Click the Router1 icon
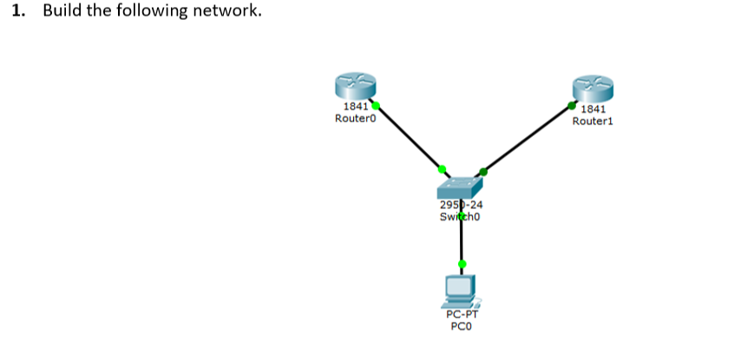pyautogui.click(x=593, y=88)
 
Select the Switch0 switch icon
pyautogui.click(x=460, y=187)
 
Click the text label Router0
pyautogui.click(x=355, y=119)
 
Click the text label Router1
pyautogui.click(x=593, y=121)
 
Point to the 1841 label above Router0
pyautogui.click(x=355, y=108)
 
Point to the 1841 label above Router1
pyautogui.click(x=593, y=110)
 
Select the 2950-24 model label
pyautogui.click(x=461, y=206)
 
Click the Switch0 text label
pyautogui.click(x=461, y=216)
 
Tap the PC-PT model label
pyautogui.click(x=461, y=316)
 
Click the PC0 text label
pyautogui.click(x=461, y=327)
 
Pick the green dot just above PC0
pyautogui.click(x=462, y=264)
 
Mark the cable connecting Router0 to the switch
pyautogui.click(x=410, y=137)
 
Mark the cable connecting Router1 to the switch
pyautogui.click(x=528, y=138)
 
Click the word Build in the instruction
pyautogui.click(x=62, y=11)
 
